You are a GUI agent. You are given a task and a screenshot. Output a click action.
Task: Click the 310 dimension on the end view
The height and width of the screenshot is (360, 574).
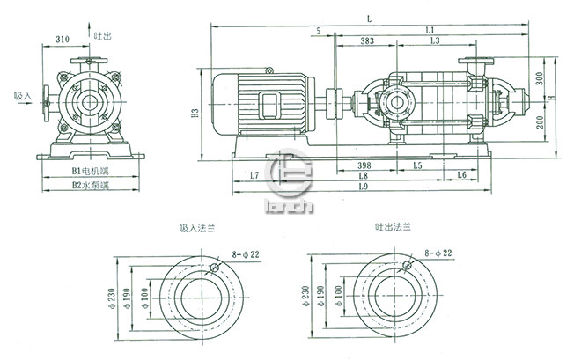[63, 40]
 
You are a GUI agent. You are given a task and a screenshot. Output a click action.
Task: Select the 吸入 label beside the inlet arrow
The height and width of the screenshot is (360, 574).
[23, 94]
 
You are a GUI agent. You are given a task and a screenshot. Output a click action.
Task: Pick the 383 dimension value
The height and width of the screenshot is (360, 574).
[367, 41]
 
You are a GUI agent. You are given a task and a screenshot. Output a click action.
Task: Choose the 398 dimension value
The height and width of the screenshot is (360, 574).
[358, 165]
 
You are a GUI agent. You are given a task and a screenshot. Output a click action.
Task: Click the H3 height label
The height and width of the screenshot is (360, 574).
[194, 114]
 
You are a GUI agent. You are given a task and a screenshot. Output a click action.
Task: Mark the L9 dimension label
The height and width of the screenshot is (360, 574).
[364, 188]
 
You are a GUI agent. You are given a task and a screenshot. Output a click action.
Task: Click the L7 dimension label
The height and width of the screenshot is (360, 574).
[254, 176]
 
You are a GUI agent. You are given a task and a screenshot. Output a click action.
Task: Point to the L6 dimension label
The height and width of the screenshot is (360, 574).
[461, 176]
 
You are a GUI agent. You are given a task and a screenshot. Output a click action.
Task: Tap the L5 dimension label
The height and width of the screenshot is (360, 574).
[417, 165]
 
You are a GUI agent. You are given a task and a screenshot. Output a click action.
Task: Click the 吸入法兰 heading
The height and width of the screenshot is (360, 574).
[197, 228]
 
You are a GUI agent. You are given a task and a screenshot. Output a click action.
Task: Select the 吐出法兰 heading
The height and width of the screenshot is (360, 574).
[391, 228]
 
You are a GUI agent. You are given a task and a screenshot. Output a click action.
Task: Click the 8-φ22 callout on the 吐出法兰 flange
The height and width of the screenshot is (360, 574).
[436, 253]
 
